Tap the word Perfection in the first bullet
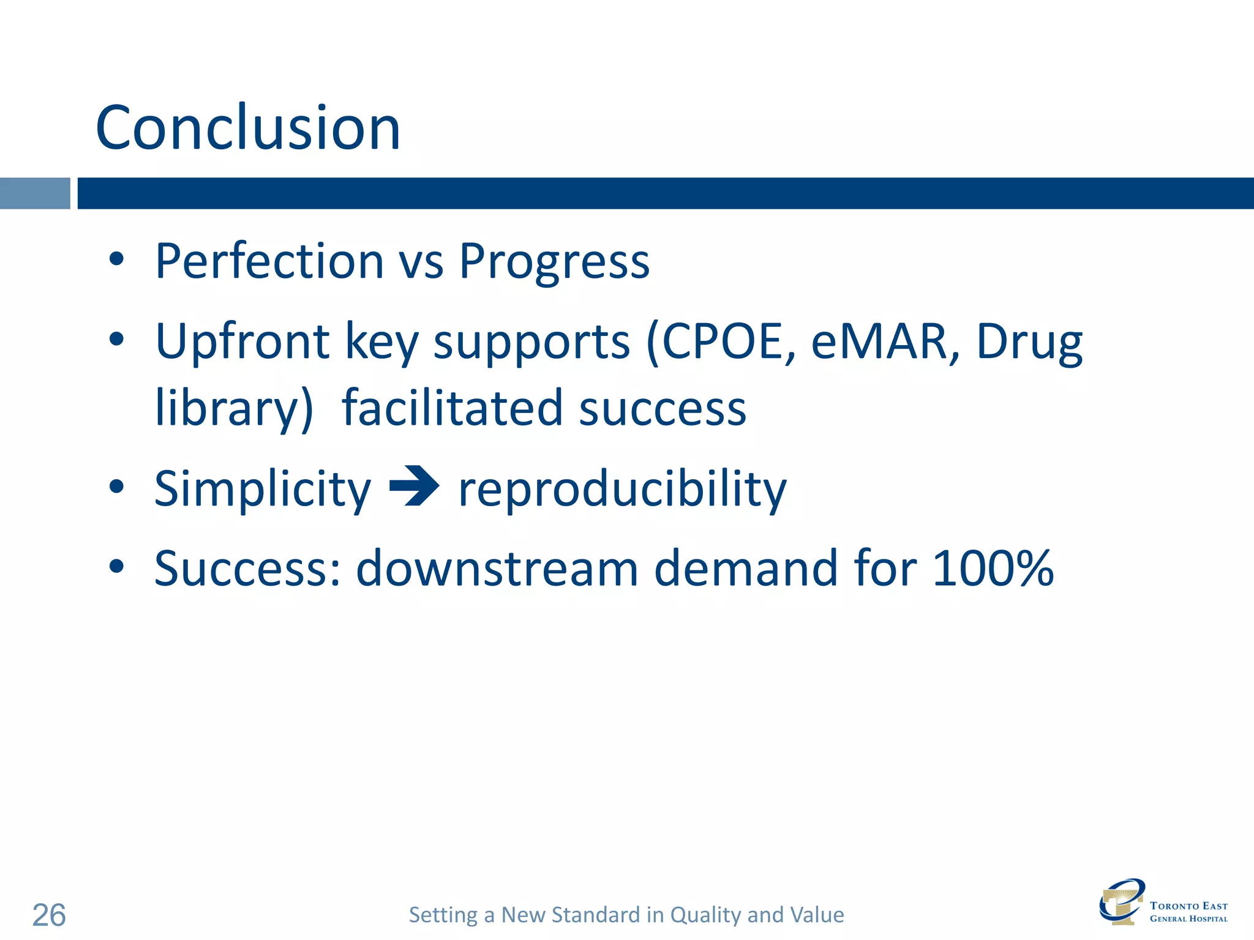269,261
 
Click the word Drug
1029,343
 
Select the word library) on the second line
234,409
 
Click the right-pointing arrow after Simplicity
415,487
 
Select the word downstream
497,568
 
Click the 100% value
993,568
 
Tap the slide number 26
49,916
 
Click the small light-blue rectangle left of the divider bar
35,193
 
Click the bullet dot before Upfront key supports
116,339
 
